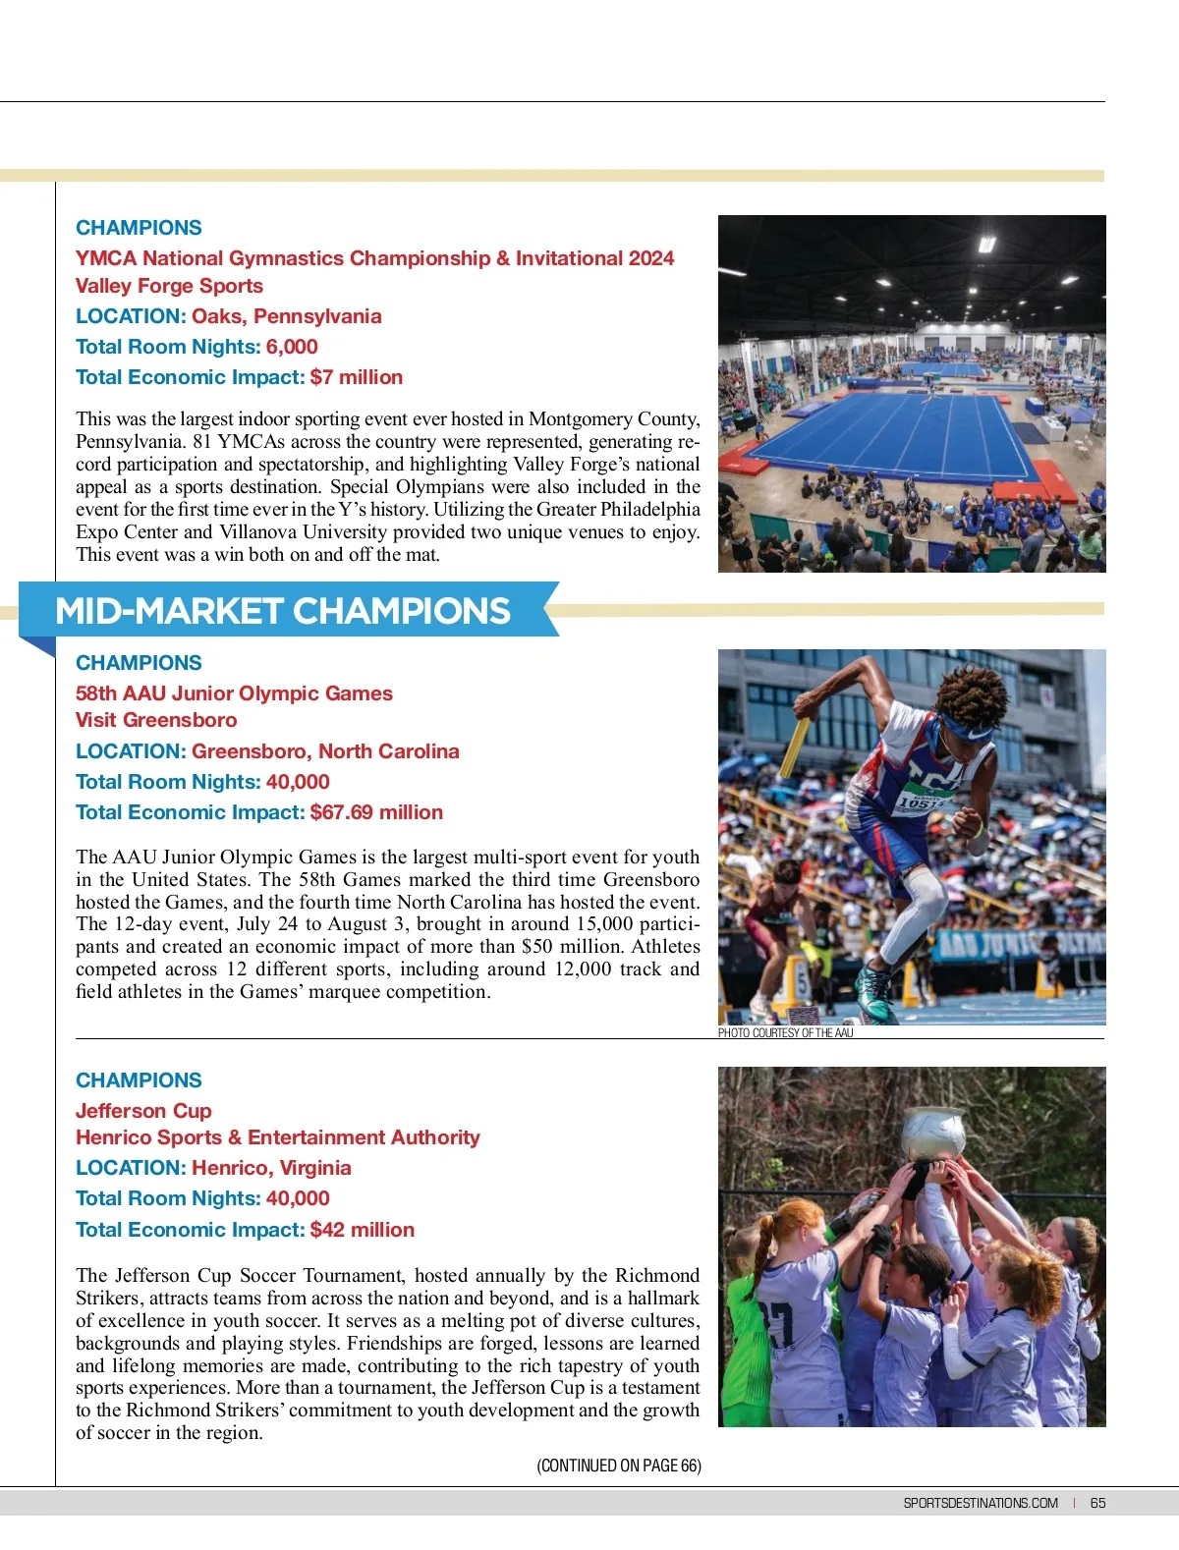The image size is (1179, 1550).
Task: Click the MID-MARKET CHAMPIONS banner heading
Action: [x=283, y=611]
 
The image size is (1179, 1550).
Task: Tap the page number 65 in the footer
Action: [x=1097, y=1503]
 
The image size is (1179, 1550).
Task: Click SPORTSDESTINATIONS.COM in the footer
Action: [x=981, y=1503]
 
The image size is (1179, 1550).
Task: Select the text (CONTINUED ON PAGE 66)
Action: [x=619, y=1466]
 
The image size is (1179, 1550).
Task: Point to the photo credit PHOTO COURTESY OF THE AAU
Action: [x=785, y=1033]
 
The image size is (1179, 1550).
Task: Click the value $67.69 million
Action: [x=376, y=812]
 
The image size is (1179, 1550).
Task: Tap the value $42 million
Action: [x=362, y=1230]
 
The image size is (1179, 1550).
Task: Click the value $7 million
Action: [x=356, y=377]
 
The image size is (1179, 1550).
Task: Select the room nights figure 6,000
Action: [x=292, y=347]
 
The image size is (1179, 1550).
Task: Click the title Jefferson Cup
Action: [x=143, y=1111]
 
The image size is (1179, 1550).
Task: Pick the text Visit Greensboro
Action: [x=156, y=720]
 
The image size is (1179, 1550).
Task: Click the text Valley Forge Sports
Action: [x=169, y=286]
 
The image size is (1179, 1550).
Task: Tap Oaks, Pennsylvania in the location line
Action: [x=286, y=316]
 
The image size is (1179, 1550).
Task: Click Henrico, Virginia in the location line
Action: [x=271, y=1168]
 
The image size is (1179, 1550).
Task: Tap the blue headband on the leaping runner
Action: [x=968, y=731]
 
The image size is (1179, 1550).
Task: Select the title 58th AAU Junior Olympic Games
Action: [x=234, y=693]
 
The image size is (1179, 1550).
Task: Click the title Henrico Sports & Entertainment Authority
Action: [x=278, y=1137]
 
